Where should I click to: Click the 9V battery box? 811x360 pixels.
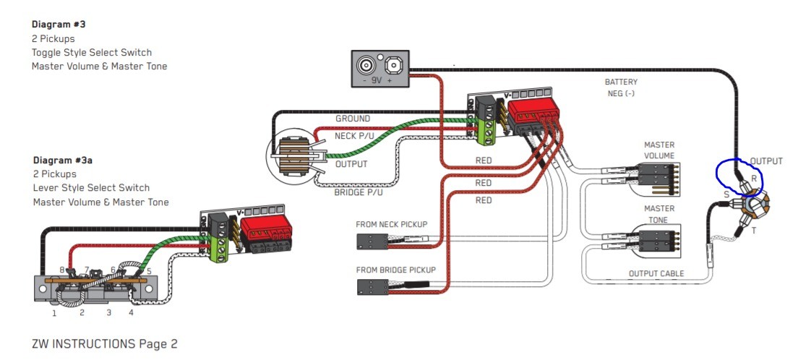[x=379, y=69]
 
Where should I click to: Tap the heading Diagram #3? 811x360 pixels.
[x=59, y=24]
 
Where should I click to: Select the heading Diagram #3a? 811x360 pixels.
[x=62, y=160]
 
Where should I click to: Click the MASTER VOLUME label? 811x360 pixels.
[x=658, y=150]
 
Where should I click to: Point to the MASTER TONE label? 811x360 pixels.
[x=658, y=214]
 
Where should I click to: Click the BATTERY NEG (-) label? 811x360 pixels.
[x=621, y=87]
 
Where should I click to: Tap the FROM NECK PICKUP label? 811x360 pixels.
[x=391, y=225]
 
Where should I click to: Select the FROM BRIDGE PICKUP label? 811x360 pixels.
[x=395, y=270]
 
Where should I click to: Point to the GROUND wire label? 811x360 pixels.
[x=352, y=119]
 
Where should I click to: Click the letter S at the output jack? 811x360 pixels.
[x=726, y=194]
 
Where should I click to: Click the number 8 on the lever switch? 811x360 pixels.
[x=63, y=269]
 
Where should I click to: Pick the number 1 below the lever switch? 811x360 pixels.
[x=54, y=313]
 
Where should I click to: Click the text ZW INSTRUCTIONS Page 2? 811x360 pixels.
[x=104, y=344]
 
